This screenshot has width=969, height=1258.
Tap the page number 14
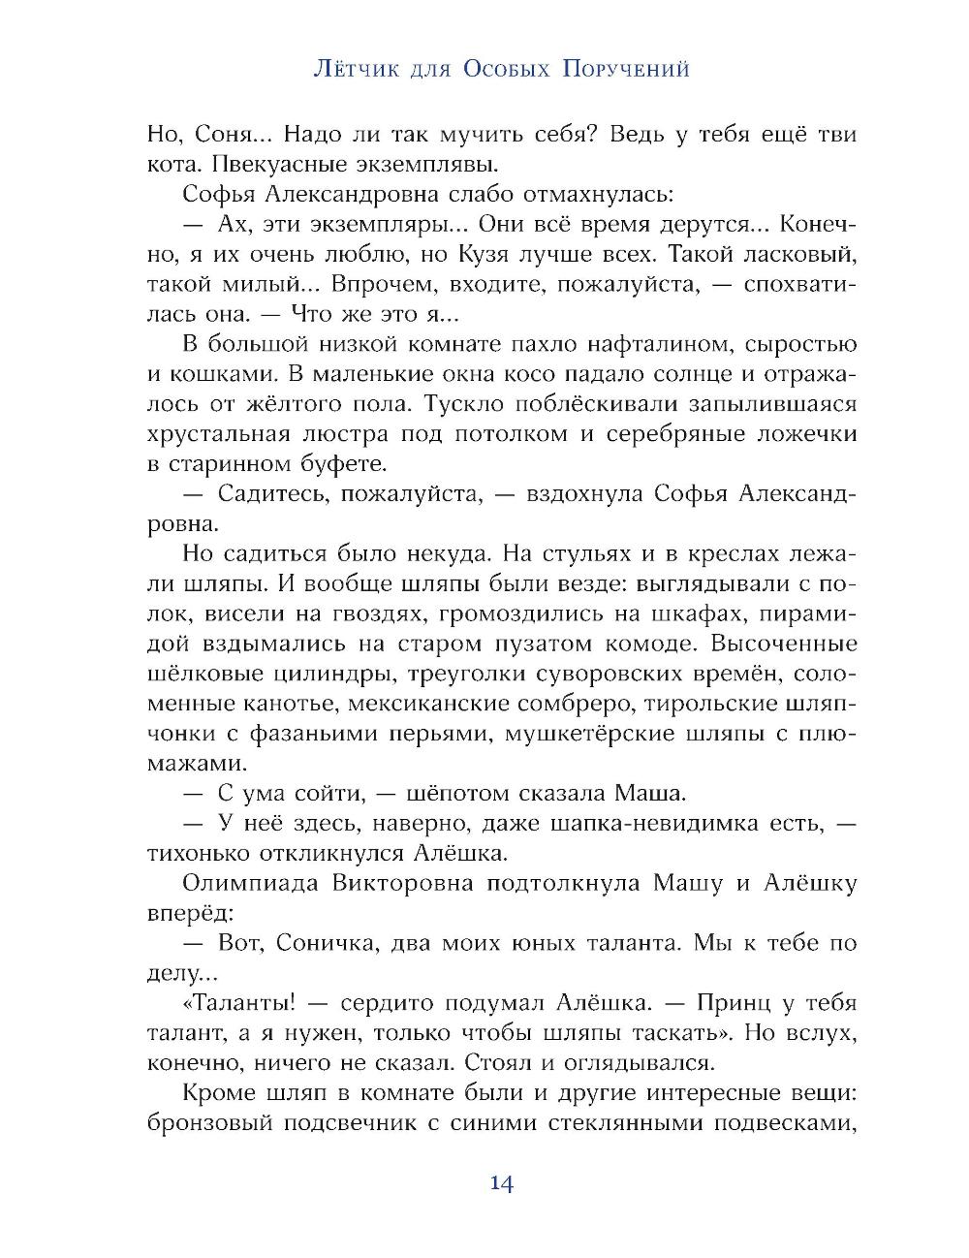(501, 1183)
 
